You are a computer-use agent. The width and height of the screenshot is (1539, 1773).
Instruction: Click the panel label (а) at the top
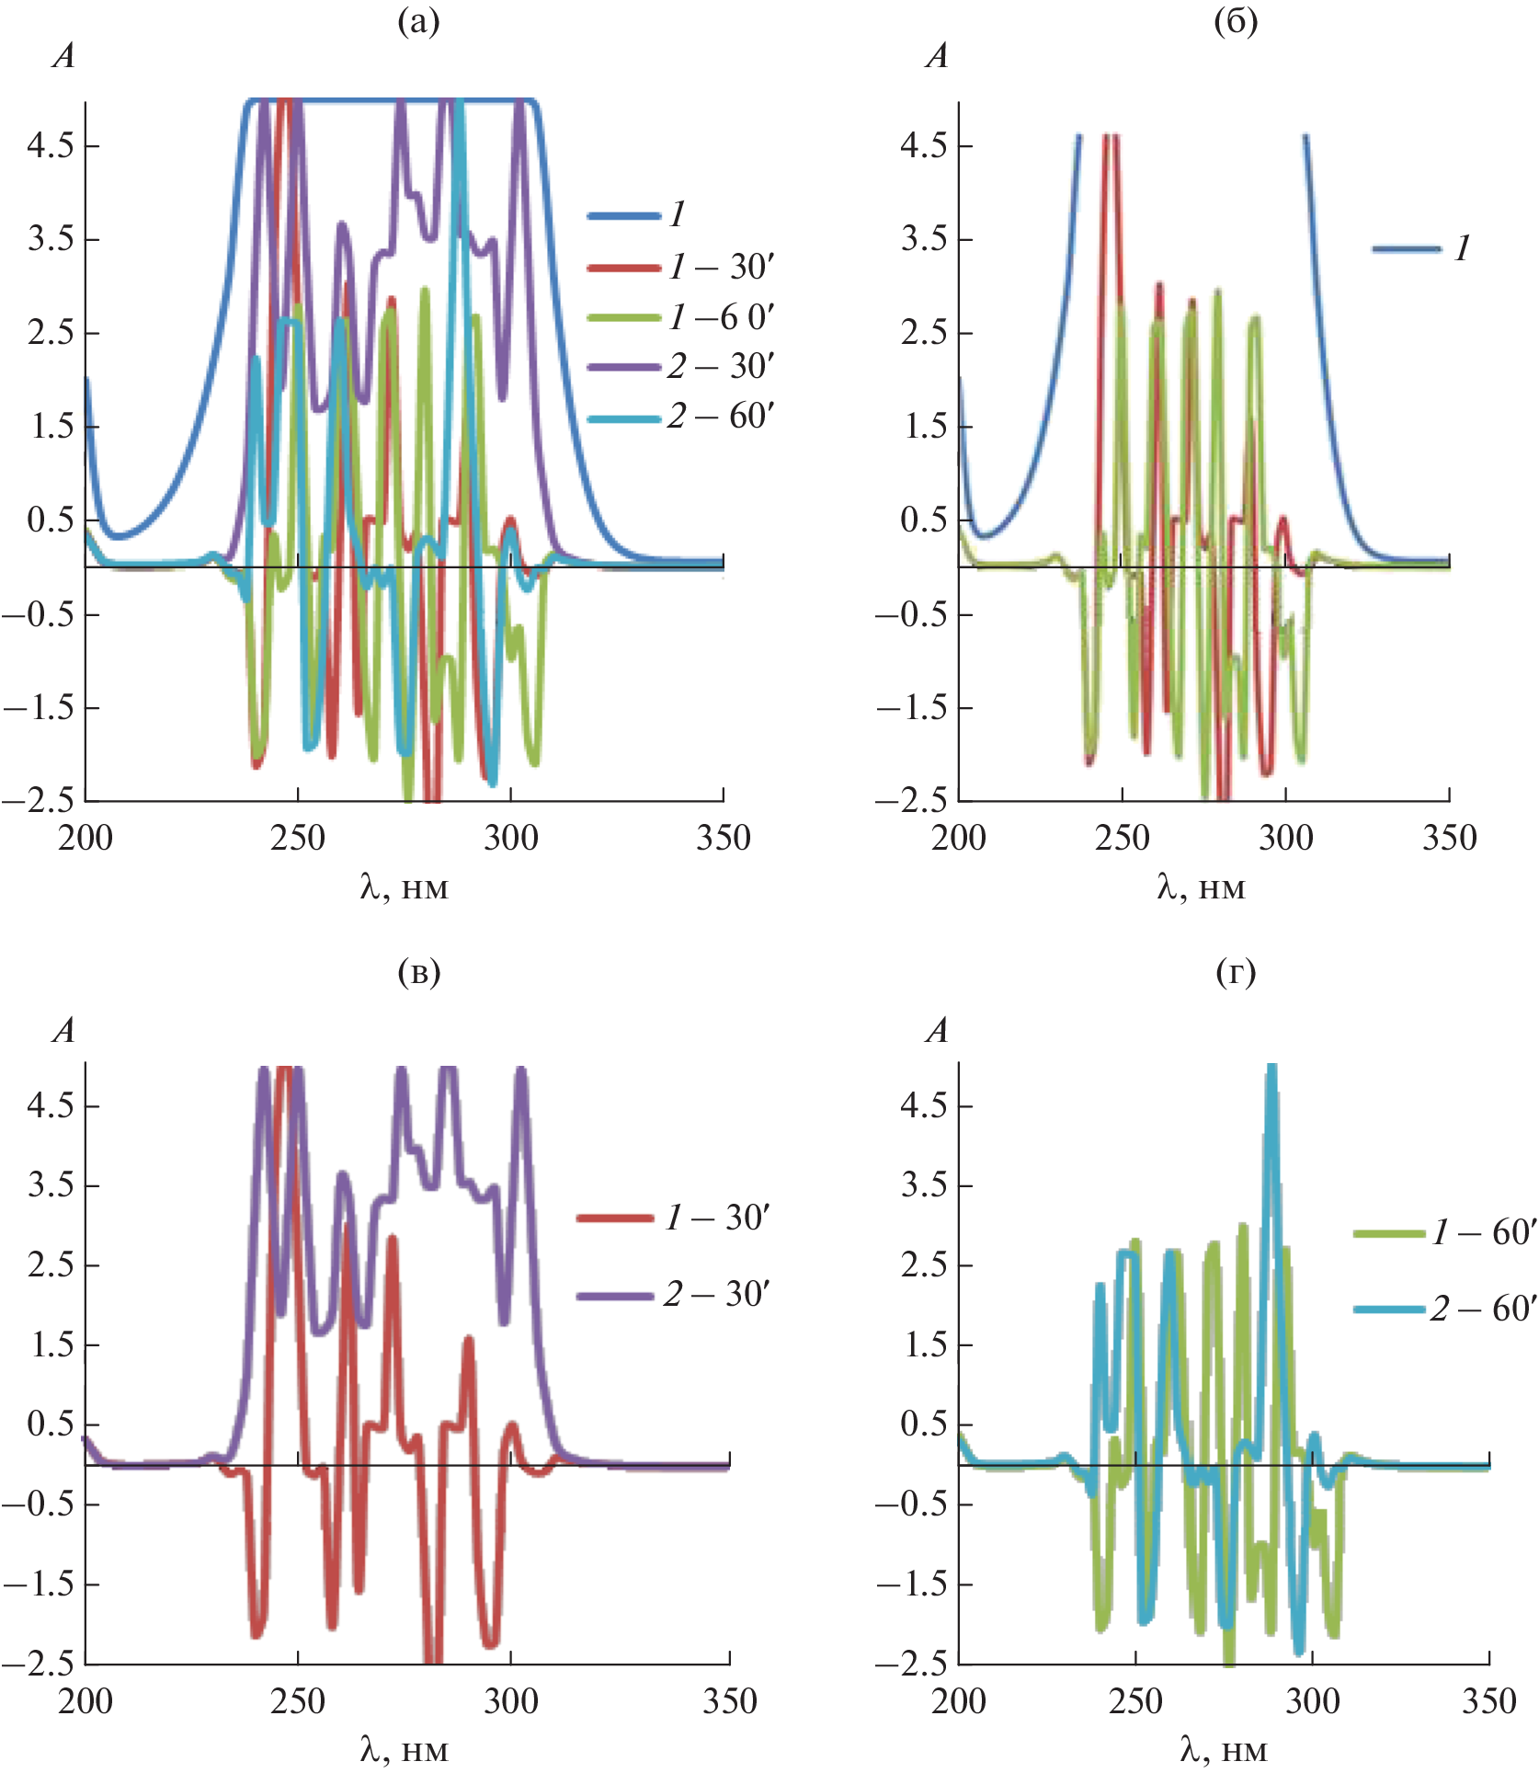point(418,21)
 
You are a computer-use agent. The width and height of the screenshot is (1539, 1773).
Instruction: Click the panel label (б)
point(1235,21)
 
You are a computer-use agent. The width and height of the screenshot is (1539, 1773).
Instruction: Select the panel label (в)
point(418,971)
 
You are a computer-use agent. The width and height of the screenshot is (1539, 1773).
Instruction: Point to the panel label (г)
point(1235,971)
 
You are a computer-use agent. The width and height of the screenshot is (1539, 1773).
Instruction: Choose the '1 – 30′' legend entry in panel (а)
point(722,268)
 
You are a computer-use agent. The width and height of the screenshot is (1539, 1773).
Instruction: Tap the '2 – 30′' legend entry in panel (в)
point(716,1295)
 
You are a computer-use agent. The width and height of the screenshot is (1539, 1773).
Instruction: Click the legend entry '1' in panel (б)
point(1462,248)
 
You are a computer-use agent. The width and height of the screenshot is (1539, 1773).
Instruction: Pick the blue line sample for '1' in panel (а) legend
point(624,216)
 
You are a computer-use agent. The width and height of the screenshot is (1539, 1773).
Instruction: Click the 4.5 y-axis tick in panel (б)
point(923,145)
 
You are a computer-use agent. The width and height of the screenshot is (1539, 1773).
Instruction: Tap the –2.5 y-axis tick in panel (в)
point(38,1663)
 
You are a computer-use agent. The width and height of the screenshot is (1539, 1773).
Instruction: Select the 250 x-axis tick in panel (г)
point(1135,1701)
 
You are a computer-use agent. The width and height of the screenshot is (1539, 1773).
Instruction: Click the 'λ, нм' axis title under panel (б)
point(1201,887)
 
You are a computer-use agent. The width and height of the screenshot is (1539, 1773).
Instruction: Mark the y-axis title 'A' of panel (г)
point(937,1031)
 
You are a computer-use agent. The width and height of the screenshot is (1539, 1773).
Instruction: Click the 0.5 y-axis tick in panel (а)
point(50,520)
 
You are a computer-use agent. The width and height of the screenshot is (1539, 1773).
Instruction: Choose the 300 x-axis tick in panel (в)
point(511,1701)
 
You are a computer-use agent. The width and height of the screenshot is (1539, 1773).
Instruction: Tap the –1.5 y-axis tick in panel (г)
point(911,1584)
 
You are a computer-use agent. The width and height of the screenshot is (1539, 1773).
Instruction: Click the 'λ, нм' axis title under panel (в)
point(404,1749)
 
